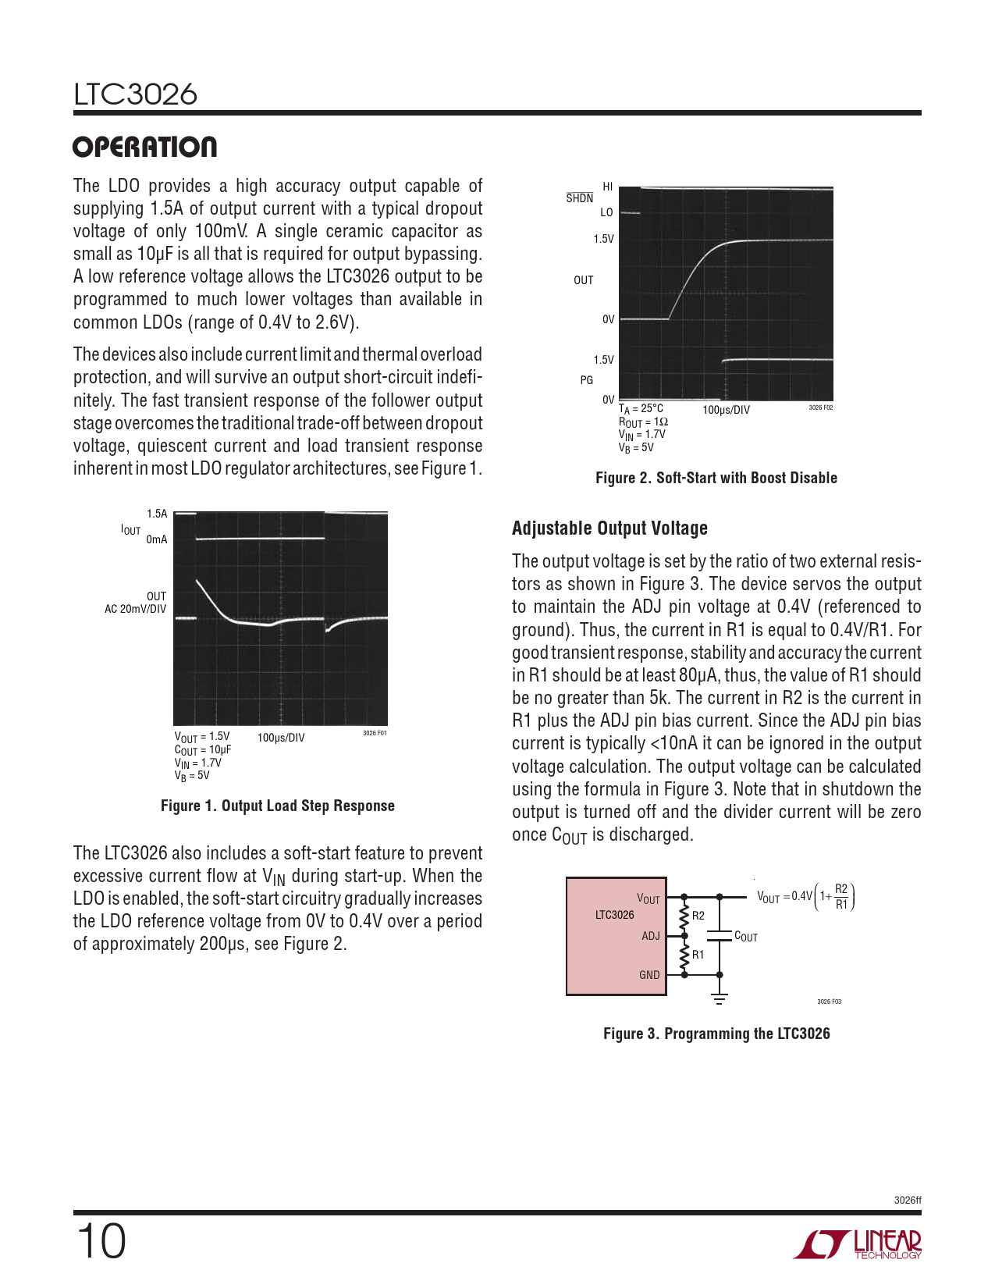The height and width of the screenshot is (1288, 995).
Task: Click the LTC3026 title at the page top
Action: (136, 94)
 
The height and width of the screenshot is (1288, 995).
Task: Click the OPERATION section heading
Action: (144, 147)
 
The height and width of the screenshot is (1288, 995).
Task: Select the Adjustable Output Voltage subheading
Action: (609, 528)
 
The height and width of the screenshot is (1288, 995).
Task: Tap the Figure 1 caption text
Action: (277, 806)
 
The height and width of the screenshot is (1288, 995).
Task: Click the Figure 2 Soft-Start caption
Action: (716, 478)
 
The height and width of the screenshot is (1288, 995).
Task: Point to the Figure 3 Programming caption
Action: (716, 1034)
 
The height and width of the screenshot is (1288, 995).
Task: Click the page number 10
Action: (101, 1241)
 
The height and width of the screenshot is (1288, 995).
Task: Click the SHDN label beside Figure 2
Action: (579, 198)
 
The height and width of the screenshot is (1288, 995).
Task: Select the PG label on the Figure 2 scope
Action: (586, 380)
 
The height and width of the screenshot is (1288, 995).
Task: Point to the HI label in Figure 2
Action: (608, 187)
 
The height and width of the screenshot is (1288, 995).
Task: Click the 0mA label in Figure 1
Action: (156, 539)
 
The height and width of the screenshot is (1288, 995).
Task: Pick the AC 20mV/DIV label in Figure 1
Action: (135, 609)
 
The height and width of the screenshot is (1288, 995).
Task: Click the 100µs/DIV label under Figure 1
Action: (280, 738)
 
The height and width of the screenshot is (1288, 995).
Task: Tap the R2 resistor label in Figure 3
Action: (698, 916)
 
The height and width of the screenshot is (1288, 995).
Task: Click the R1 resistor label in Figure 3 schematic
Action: (698, 955)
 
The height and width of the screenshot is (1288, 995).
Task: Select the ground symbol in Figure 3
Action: (720, 998)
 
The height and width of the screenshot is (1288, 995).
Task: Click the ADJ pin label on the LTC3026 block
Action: (650, 936)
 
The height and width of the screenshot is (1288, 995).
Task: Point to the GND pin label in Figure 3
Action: (649, 975)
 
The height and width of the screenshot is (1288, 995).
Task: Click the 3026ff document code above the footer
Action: (907, 1200)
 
